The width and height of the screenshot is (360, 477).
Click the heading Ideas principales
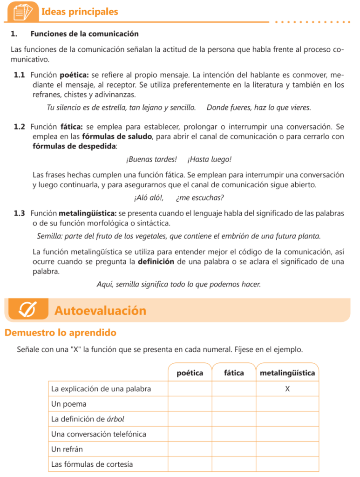(x=80, y=12)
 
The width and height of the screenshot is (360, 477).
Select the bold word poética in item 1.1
(x=75, y=75)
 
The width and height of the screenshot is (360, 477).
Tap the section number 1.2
(x=19, y=127)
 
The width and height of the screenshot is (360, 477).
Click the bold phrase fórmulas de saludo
(x=117, y=136)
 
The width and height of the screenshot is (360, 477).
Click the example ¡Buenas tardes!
(x=152, y=159)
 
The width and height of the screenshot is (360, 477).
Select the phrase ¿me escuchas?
(x=200, y=198)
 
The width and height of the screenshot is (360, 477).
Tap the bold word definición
(x=156, y=262)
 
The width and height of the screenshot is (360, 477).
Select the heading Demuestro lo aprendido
(x=61, y=333)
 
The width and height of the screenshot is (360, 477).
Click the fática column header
(x=234, y=373)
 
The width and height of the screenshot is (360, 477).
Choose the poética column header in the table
(x=190, y=373)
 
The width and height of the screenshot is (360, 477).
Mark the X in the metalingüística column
(x=287, y=388)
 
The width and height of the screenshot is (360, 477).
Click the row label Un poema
(x=69, y=404)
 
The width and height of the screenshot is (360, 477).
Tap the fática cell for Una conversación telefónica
(x=234, y=434)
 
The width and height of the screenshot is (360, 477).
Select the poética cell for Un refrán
(x=190, y=450)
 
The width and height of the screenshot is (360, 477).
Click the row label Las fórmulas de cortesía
(x=92, y=464)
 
